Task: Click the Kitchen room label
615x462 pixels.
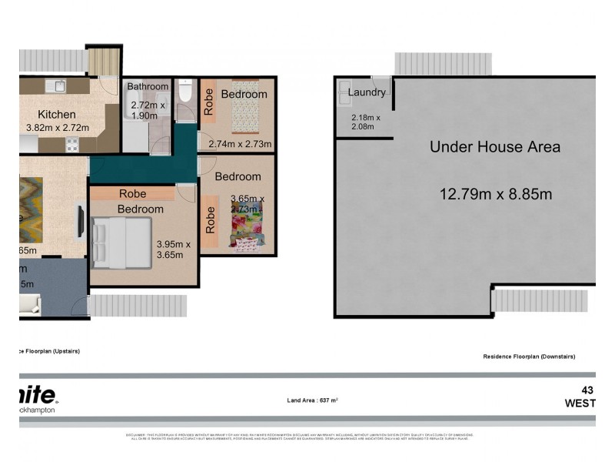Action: coord(56,114)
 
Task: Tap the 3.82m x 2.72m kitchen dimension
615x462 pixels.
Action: coord(58,128)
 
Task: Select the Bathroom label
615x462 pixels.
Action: coord(148,86)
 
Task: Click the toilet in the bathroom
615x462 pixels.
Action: coord(184,92)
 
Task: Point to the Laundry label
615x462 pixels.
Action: coord(366,92)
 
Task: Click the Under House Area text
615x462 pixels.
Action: coord(494,146)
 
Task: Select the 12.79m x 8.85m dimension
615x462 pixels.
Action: coord(495,194)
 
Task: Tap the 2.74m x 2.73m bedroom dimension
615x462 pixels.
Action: coord(240,144)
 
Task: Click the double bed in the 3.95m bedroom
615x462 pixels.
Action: coord(120,242)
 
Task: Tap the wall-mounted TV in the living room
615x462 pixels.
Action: coord(80,220)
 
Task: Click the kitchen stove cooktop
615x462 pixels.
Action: coord(71,144)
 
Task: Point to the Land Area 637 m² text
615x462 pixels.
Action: coord(313,400)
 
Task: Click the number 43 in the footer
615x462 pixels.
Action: coord(587,390)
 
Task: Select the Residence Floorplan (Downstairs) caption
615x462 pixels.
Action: coord(528,357)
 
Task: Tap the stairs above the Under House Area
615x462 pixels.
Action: coord(442,64)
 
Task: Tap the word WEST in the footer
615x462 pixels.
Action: coord(580,403)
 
